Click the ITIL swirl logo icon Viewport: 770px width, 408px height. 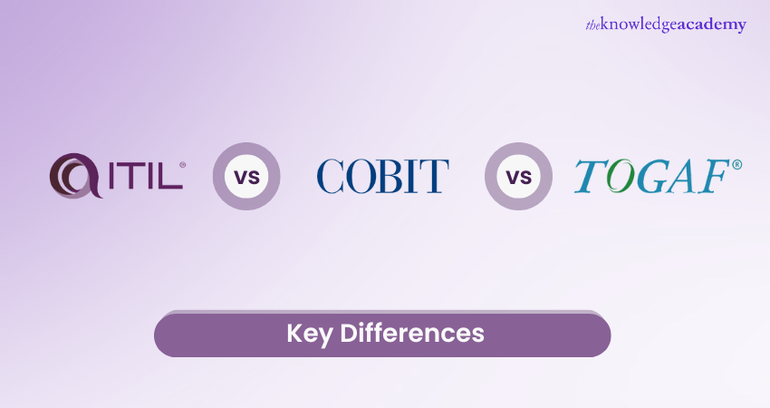click(x=75, y=176)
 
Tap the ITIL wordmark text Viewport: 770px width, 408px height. click(x=145, y=176)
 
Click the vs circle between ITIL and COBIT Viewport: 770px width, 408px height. click(x=246, y=177)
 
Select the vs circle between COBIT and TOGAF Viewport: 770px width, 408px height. click(x=518, y=177)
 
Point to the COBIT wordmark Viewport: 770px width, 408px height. click(x=382, y=176)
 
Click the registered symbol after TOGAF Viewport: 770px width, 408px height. click(x=736, y=165)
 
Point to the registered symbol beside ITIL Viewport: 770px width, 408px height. click(x=183, y=165)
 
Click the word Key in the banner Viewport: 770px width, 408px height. click(x=310, y=334)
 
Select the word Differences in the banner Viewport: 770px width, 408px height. click(x=412, y=333)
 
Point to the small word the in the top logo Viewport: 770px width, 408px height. click(x=592, y=25)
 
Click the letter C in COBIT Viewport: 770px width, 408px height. click(x=330, y=176)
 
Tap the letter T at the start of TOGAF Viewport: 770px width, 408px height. click(x=591, y=176)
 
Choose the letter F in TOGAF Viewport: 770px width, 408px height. click(x=713, y=176)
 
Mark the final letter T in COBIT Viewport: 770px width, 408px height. click(x=435, y=176)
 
